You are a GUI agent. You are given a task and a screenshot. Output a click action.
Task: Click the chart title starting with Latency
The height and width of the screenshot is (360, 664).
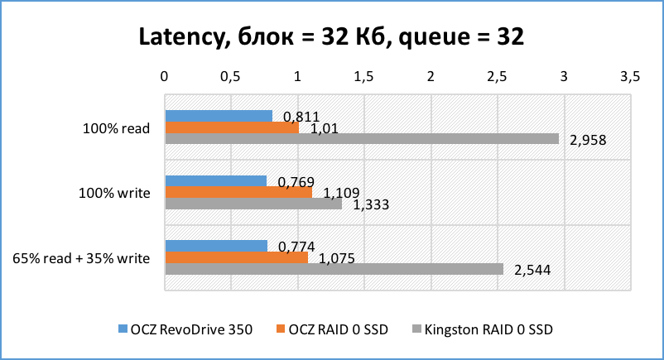coord(331,38)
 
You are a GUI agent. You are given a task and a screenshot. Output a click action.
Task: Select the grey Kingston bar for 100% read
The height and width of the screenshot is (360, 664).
coord(362,139)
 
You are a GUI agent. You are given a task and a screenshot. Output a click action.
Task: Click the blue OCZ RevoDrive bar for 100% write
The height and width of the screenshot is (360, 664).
coord(216,181)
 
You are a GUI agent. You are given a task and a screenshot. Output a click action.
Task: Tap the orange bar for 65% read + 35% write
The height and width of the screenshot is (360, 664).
coord(237,257)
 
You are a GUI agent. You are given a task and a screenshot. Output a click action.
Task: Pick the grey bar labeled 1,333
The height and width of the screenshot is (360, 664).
coord(253,204)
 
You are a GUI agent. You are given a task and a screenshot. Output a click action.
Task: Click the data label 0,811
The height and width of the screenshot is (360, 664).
coord(301,117)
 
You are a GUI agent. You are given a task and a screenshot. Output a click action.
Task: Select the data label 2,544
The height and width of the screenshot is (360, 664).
coord(532,270)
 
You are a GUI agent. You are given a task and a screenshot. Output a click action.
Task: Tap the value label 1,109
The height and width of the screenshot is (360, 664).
coord(341,193)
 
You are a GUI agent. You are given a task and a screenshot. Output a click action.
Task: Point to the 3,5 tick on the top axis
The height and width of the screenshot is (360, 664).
coord(630,76)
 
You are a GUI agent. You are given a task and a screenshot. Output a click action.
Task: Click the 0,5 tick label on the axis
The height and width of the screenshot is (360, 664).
coord(231,76)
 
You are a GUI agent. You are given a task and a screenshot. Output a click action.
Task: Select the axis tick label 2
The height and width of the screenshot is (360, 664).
coord(431,76)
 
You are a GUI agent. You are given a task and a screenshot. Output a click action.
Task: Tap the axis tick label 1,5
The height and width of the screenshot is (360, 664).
coord(363,76)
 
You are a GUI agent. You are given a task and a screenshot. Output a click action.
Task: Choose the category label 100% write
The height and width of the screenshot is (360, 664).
coord(114,194)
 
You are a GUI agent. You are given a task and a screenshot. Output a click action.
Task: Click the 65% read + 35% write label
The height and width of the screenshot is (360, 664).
coord(81,258)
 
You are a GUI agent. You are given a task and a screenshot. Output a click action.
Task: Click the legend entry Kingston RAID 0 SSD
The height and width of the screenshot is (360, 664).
coord(488,329)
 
